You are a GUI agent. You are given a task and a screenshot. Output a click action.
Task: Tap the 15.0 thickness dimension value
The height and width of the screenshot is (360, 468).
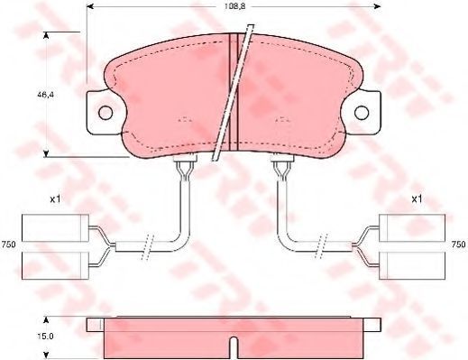pos(45,336)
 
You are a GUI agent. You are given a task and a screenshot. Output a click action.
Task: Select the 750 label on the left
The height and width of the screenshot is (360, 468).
pos(8,245)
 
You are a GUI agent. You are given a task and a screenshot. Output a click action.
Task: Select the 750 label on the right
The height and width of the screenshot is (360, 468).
pos(459,245)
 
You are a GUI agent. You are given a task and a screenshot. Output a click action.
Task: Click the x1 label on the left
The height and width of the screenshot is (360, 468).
pos(55,198)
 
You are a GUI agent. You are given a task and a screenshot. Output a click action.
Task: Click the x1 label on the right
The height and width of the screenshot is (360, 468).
pos(417,198)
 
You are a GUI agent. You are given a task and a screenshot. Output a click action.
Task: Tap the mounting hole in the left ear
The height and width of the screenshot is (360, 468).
pos(106,113)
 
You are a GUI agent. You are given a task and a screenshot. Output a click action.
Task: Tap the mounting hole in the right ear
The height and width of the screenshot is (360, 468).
pos(362,113)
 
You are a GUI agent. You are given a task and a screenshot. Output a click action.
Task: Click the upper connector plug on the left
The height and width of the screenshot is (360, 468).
pos(55,228)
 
